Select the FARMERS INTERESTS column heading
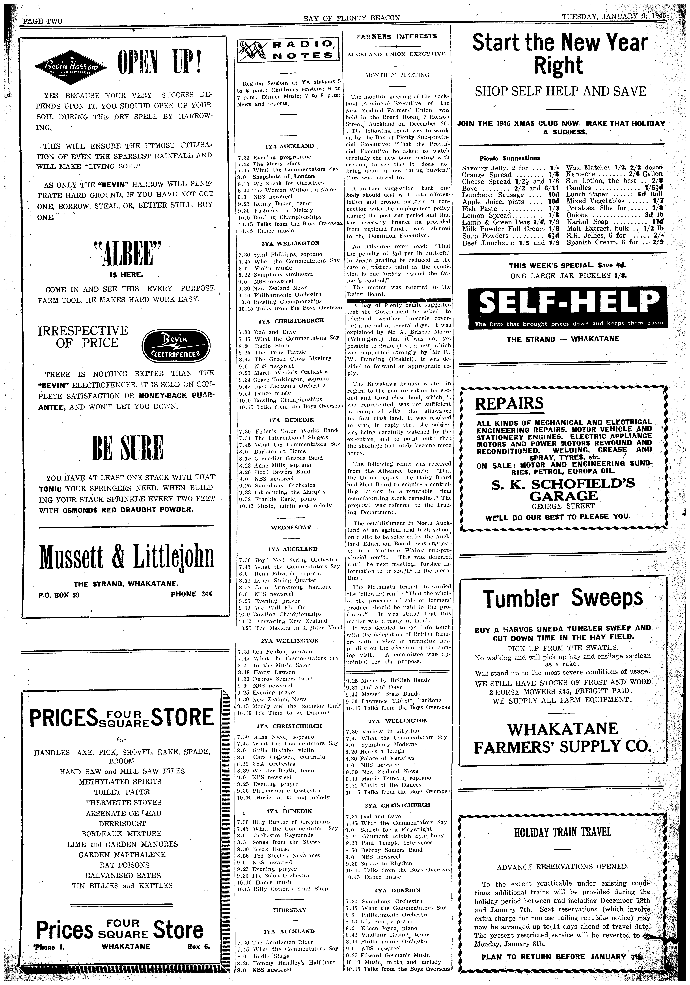[x=397, y=36]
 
